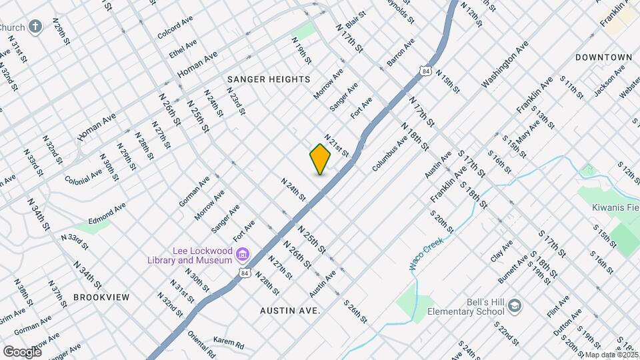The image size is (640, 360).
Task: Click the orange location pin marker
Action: click(320, 159)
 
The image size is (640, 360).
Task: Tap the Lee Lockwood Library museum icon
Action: click(243, 255)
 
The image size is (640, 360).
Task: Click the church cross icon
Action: click(36, 27)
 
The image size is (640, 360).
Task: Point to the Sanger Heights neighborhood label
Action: click(269, 79)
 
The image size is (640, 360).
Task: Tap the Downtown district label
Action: click(603, 57)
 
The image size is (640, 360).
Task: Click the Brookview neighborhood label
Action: click(101, 297)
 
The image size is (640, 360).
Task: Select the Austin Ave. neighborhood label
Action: click(290, 311)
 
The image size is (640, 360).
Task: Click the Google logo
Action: click(22, 351)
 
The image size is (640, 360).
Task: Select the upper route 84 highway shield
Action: click(425, 70)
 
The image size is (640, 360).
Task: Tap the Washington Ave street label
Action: click(505, 65)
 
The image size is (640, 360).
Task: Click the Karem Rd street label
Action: click(229, 344)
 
